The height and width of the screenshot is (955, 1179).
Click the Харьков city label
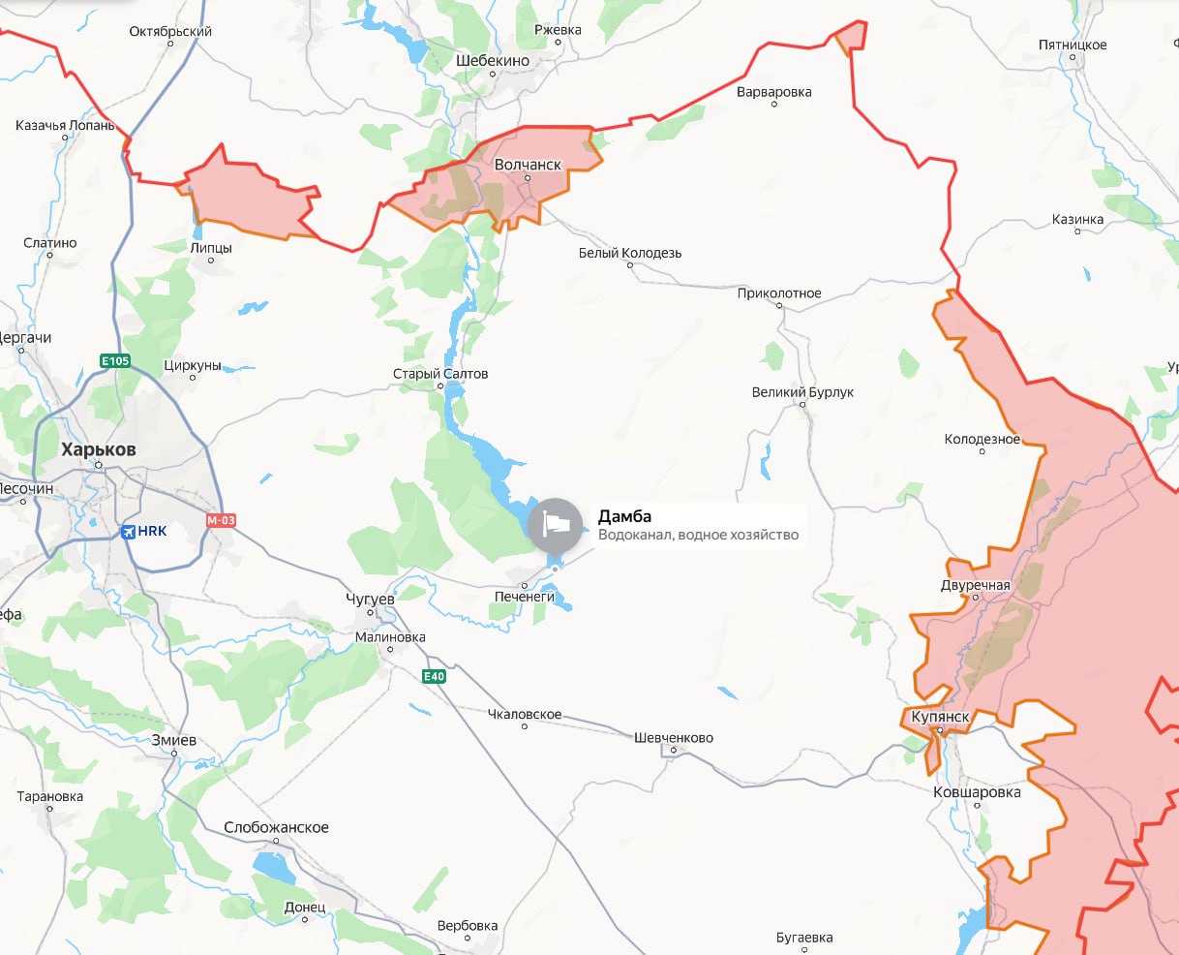(98, 449)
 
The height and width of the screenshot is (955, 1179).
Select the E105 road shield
(115, 361)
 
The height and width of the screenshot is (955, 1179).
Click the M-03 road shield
(221, 520)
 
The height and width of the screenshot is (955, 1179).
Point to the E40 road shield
(434, 676)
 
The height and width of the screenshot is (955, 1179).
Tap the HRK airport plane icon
(128, 531)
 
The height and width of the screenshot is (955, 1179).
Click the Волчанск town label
(528, 165)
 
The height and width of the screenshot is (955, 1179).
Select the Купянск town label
(940, 717)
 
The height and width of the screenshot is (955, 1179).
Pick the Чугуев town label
(370, 599)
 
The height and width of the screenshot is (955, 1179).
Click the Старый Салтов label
(440, 374)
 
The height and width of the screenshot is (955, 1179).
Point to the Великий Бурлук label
(802, 392)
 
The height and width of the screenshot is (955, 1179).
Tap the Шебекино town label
(493, 60)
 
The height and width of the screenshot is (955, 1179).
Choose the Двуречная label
(975, 585)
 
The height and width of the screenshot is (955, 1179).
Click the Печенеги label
(525, 597)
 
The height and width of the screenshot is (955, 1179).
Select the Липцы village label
(211, 248)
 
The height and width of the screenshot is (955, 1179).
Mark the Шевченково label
(674, 737)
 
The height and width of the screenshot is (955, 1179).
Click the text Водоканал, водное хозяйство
(698, 535)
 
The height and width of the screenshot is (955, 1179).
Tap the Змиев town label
(174, 740)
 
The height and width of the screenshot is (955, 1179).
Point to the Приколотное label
(779, 293)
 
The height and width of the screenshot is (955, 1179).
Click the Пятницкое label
(1073, 45)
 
